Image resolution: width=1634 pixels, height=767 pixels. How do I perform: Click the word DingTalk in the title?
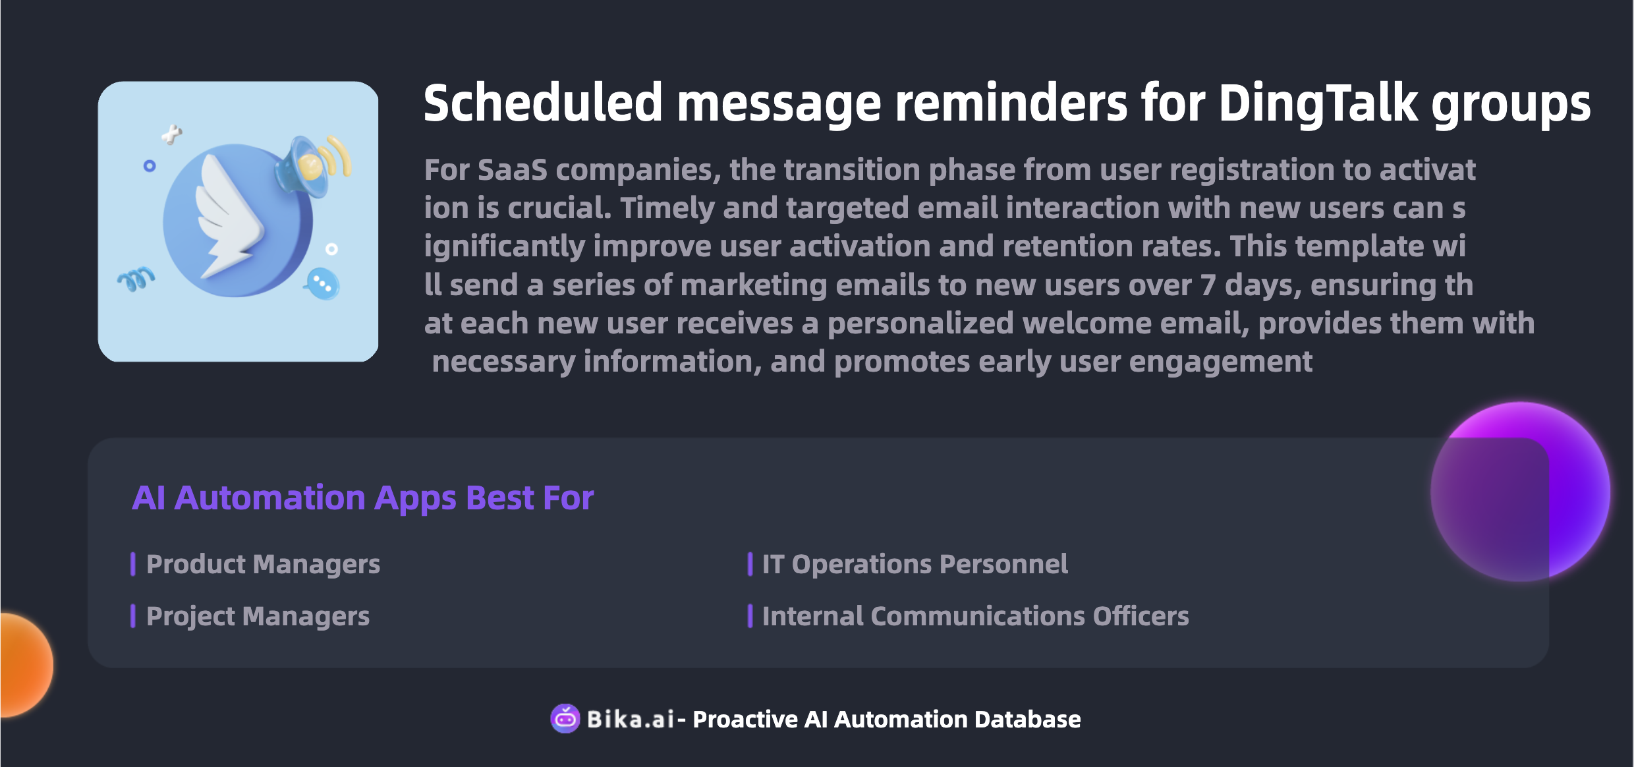click(x=1318, y=103)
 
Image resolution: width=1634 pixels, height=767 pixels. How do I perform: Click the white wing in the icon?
click(x=228, y=215)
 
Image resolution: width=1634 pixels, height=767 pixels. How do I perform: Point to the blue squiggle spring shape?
click(x=136, y=279)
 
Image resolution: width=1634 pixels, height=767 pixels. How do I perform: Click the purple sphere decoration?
click(x=1520, y=492)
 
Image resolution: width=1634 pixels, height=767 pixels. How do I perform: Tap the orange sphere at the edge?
click(x=26, y=665)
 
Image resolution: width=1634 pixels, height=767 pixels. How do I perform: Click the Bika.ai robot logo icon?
click(x=565, y=718)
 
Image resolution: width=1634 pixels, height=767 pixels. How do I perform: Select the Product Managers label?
click(x=263, y=565)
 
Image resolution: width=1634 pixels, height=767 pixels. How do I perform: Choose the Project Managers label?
click(x=258, y=617)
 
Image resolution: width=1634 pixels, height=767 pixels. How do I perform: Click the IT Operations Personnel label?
click(x=915, y=565)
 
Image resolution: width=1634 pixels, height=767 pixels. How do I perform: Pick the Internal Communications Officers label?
click(x=975, y=616)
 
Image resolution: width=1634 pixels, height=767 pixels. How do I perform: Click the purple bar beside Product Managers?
click(x=133, y=564)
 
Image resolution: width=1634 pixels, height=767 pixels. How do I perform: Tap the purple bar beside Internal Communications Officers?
click(x=750, y=616)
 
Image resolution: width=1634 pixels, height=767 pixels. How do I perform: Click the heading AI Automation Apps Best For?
click(x=362, y=498)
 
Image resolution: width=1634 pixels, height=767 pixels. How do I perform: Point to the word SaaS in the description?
click(x=512, y=170)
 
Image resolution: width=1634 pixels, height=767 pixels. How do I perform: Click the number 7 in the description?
click(x=1208, y=285)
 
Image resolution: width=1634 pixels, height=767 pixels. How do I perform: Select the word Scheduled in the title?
click(x=543, y=103)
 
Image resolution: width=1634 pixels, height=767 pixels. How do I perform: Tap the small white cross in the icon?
click(x=171, y=134)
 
